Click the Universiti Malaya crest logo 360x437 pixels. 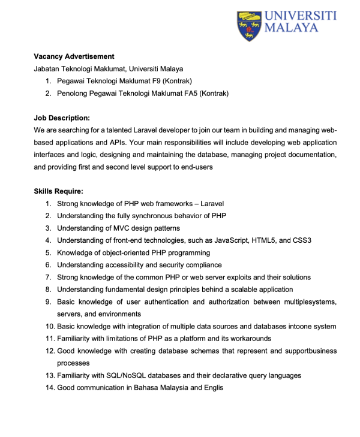click(x=249, y=25)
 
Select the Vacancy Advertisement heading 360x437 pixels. click(x=74, y=56)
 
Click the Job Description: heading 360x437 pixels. click(x=62, y=118)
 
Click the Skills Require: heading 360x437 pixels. click(x=58, y=192)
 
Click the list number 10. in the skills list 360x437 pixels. click(x=49, y=327)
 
